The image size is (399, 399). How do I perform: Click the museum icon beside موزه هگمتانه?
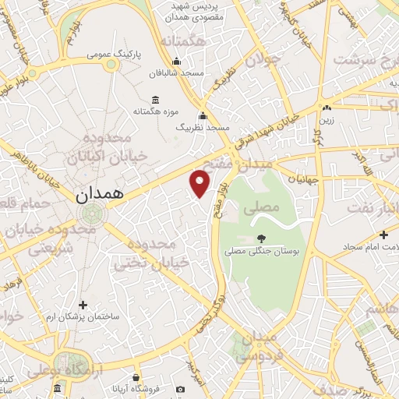pos(155,100)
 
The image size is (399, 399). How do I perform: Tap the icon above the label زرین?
pos(327,108)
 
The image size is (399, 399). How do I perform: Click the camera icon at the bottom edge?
pos(181,389)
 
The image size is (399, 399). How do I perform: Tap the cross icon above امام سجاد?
pos(383,235)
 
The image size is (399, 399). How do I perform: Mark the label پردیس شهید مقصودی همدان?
pos(196,11)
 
